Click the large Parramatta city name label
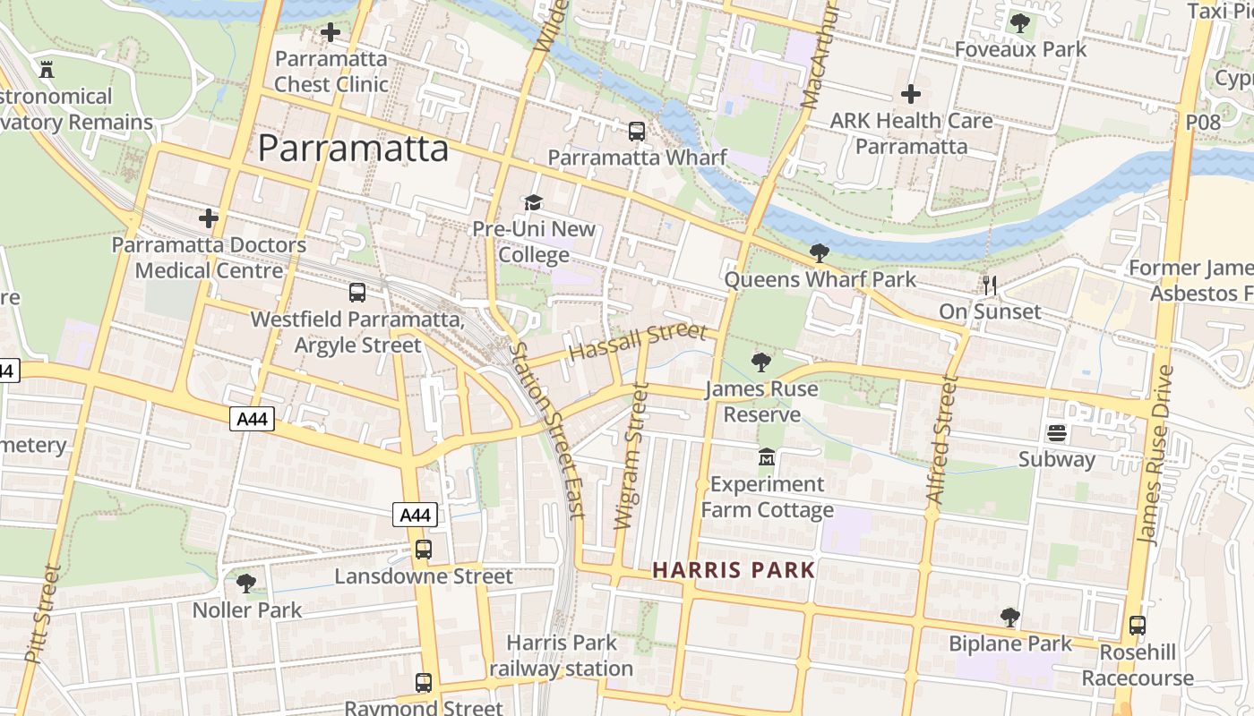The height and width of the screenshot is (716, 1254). pos(353,149)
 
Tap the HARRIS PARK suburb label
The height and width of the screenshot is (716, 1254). pos(734,570)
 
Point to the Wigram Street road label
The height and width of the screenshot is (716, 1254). pos(631,456)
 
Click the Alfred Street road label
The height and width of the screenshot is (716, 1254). pos(943,439)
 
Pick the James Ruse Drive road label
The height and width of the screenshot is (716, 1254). pos(1155,455)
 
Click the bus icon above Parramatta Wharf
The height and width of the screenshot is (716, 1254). pos(637,132)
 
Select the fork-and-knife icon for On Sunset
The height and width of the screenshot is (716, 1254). pos(990,286)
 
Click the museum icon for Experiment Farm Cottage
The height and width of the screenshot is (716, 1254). pos(766,458)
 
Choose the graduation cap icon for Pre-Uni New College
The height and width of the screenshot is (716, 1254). pos(534,203)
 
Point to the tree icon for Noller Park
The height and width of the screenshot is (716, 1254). pos(246,584)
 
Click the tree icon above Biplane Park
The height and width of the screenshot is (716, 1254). pos(1010,618)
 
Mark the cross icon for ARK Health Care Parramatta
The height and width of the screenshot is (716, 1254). pos(911,94)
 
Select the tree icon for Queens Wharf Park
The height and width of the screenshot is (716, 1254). pos(819,253)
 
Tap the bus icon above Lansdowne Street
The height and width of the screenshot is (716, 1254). pos(424,550)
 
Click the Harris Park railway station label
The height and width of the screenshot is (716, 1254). pos(562,655)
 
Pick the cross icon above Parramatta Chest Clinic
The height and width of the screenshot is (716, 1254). pos(331,33)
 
